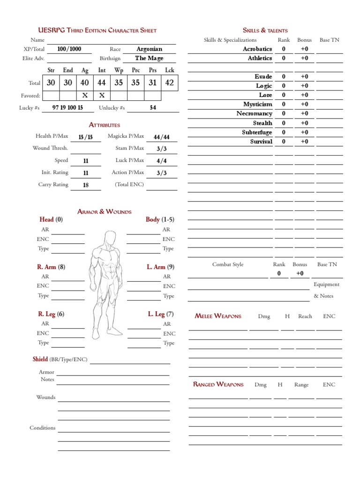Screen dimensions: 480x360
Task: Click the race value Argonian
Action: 149,49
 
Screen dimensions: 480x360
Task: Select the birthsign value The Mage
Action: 149,58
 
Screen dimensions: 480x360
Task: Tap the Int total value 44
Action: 101,83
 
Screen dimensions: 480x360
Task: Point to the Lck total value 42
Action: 170,83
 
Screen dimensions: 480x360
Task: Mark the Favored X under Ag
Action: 85,96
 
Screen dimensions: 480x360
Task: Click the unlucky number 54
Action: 153,107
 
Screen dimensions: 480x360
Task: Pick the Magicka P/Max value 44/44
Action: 161,137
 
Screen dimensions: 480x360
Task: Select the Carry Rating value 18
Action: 86,185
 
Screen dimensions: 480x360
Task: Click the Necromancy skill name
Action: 254,113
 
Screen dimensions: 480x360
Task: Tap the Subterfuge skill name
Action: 257,132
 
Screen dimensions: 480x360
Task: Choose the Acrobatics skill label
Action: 257,49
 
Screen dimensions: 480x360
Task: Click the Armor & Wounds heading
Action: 104,211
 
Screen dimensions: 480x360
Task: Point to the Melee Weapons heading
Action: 218,316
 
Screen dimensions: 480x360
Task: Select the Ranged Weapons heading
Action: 218,384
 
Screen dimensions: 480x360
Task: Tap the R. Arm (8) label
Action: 51,267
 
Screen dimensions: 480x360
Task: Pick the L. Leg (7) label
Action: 161,314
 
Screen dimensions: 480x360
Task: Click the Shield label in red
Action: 40,359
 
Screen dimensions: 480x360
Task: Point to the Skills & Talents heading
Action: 265,30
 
